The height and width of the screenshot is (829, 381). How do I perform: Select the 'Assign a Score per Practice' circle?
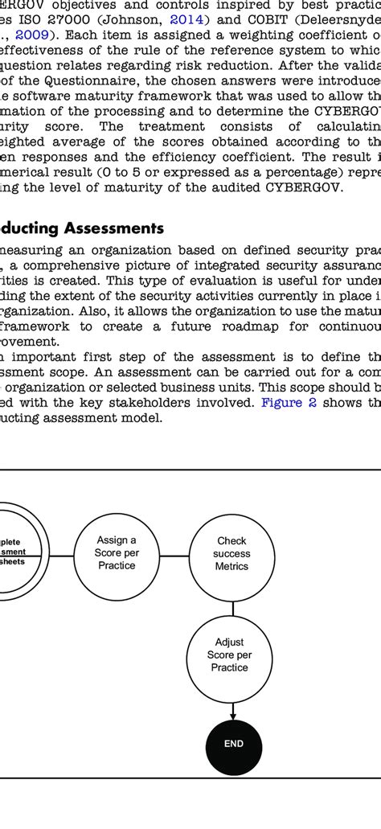(x=117, y=553)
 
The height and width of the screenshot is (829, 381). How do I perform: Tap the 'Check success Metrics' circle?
(x=232, y=553)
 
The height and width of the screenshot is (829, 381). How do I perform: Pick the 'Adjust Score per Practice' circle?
(x=232, y=655)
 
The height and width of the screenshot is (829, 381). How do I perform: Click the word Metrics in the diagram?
(x=232, y=567)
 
